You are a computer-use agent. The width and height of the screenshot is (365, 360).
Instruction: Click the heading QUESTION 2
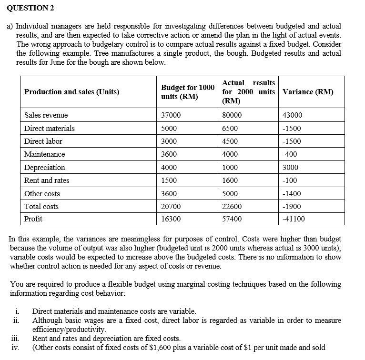click(x=28, y=8)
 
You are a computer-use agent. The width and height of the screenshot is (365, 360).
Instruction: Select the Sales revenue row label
click(x=46, y=115)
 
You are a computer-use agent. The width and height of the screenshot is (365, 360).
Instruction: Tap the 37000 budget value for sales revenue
click(x=170, y=115)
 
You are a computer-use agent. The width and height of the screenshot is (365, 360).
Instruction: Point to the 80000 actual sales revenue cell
click(x=232, y=115)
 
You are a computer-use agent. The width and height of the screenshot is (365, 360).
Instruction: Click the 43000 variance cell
click(x=293, y=115)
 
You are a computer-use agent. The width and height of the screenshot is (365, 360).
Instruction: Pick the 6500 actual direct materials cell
click(x=230, y=129)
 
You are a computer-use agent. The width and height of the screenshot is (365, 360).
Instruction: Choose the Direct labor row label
click(x=43, y=141)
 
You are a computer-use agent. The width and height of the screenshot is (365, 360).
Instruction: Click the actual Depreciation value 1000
click(x=230, y=168)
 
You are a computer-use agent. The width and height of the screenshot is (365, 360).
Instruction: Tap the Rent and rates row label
click(x=47, y=180)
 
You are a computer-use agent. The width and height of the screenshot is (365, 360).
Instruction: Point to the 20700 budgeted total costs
click(x=170, y=207)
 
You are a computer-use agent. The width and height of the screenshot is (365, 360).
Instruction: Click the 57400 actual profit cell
click(x=232, y=219)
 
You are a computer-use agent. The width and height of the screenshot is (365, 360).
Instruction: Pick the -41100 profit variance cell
click(x=294, y=219)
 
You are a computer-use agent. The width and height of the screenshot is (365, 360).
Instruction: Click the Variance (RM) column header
click(x=308, y=92)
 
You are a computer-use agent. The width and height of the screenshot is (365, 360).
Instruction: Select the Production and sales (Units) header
click(x=72, y=92)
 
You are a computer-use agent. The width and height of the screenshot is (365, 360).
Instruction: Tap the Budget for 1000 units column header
click(x=188, y=92)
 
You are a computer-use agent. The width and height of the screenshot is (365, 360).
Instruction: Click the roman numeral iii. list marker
click(x=15, y=339)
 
